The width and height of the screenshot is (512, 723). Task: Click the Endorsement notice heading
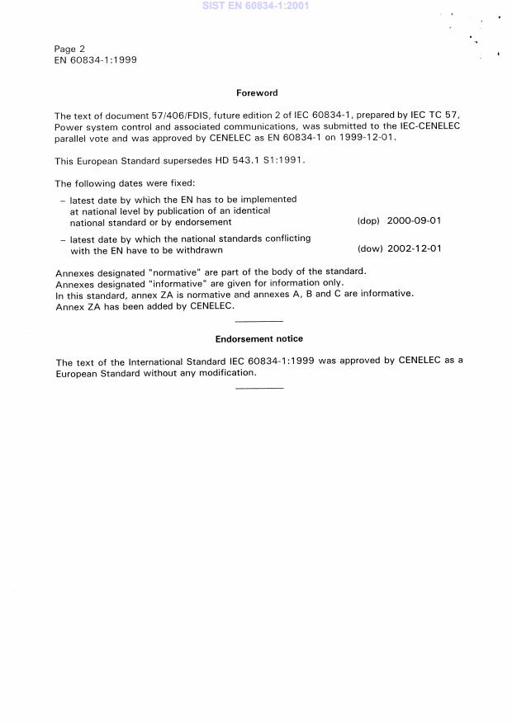click(258, 338)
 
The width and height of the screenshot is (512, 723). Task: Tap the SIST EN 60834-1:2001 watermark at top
click(256, 6)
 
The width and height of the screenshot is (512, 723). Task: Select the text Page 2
click(69, 49)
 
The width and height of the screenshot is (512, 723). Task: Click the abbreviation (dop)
click(368, 222)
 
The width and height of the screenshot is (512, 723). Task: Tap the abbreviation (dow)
click(369, 249)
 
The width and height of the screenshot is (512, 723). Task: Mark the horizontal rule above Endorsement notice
click(258, 321)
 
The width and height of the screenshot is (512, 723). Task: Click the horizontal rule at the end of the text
click(258, 387)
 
